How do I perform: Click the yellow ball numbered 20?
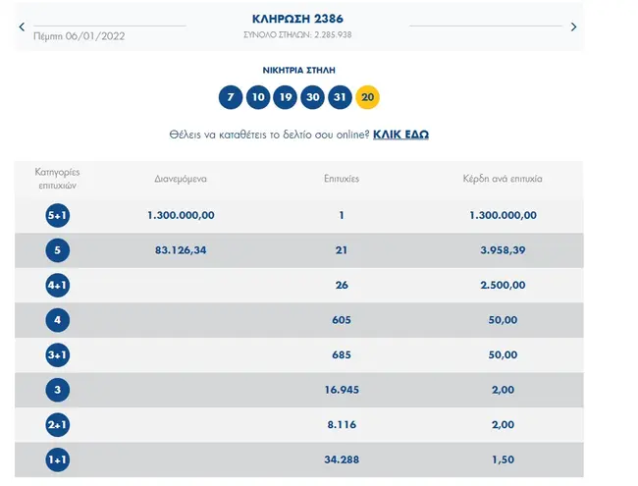(368, 97)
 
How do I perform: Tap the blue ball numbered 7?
(231, 97)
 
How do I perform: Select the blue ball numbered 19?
(286, 97)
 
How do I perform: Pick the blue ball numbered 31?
(341, 97)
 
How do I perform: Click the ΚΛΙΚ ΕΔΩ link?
(400, 134)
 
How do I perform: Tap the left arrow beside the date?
(22, 27)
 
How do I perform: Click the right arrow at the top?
(574, 27)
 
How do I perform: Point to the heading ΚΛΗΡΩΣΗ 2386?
(297, 19)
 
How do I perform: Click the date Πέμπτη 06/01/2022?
(80, 35)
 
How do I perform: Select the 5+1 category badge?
(58, 215)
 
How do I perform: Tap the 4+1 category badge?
(58, 285)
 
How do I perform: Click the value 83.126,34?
(181, 250)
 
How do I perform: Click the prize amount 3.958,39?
(503, 250)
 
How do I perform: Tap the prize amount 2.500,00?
(503, 285)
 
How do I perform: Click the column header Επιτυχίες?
(341, 180)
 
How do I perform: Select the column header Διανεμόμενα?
(181, 180)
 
